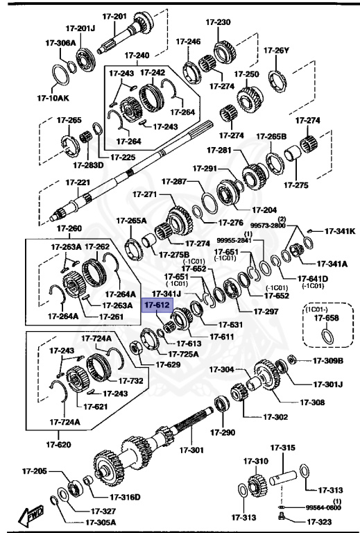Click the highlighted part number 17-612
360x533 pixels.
156,304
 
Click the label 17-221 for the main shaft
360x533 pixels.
78,183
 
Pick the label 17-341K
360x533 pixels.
341,231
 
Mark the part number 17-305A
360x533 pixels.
101,523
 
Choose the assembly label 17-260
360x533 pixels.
69,228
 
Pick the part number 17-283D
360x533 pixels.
87,165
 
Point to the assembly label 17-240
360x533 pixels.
138,55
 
